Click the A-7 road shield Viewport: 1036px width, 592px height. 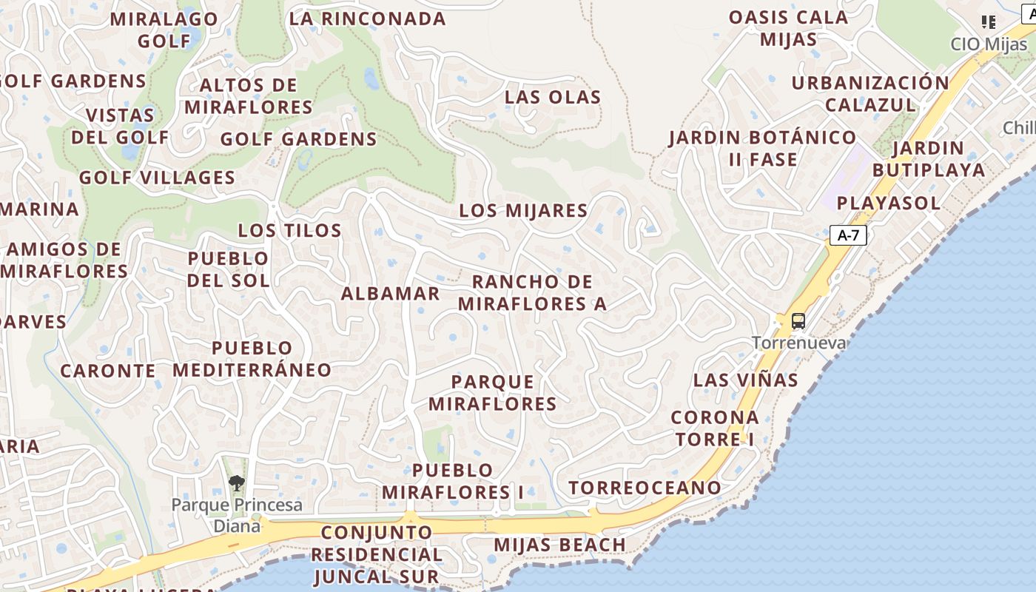click(x=848, y=235)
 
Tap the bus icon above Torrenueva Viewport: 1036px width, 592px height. click(x=798, y=321)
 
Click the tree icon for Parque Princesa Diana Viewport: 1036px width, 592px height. click(x=236, y=484)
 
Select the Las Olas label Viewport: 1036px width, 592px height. click(x=553, y=97)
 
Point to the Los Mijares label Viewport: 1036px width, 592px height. click(x=523, y=210)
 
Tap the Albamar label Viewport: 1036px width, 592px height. click(x=390, y=293)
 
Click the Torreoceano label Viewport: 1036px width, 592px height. click(x=645, y=488)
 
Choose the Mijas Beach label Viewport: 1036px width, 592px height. click(x=559, y=545)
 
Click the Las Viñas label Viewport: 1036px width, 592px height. click(x=745, y=380)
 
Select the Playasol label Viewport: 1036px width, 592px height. click(x=888, y=203)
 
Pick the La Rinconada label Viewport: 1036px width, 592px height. click(x=367, y=18)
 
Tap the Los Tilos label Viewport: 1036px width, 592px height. click(x=289, y=230)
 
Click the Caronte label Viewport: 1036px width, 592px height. click(x=108, y=371)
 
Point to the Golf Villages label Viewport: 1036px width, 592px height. click(x=157, y=178)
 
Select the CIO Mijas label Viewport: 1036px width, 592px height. click(x=989, y=44)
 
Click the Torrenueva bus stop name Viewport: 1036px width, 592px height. click(x=798, y=343)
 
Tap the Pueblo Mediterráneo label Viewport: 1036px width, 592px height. click(x=252, y=359)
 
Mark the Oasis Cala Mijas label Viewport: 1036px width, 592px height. click(x=788, y=28)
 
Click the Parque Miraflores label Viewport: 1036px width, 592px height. click(x=492, y=393)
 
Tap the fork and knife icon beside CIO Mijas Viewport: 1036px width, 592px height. click(x=988, y=22)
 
